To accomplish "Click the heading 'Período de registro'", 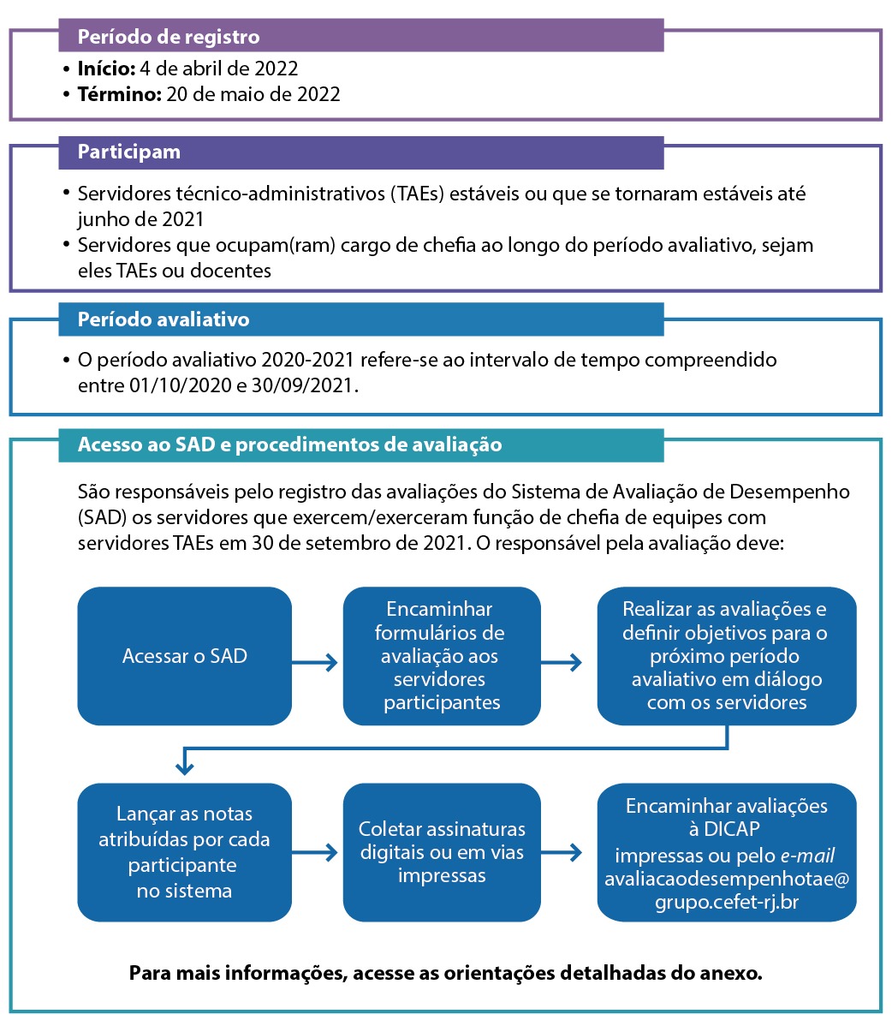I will point(169,37).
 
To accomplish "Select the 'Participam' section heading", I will point(129,152).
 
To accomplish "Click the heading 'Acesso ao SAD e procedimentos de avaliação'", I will point(289,444).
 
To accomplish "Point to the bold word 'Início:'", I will point(106,69).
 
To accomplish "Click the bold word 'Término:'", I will point(119,94).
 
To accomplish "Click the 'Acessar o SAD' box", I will point(184,656).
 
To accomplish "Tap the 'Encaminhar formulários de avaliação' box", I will point(442,656).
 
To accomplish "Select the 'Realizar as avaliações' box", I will point(727,656).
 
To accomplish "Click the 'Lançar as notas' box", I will point(184,852).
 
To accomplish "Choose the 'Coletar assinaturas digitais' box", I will point(442,852).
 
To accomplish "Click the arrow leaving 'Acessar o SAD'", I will point(316,662).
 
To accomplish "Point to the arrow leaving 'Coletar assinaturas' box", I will point(562,853).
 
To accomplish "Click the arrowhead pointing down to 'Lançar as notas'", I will point(184,767).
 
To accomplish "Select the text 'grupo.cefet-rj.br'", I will point(727,902).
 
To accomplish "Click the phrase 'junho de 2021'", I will point(140,218).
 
